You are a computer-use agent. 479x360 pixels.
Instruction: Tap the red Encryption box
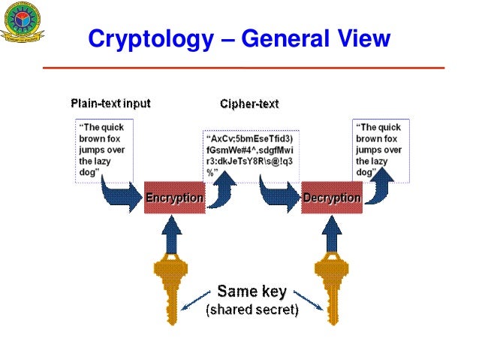coord(174,198)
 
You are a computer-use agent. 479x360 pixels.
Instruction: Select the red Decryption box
coord(332,198)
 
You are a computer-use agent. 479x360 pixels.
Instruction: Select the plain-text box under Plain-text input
coord(104,150)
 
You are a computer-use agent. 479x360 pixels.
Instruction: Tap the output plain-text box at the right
coord(381,150)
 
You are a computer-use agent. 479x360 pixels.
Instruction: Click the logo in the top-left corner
coord(21,22)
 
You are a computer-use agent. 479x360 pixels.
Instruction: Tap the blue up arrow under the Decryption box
coord(331,233)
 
